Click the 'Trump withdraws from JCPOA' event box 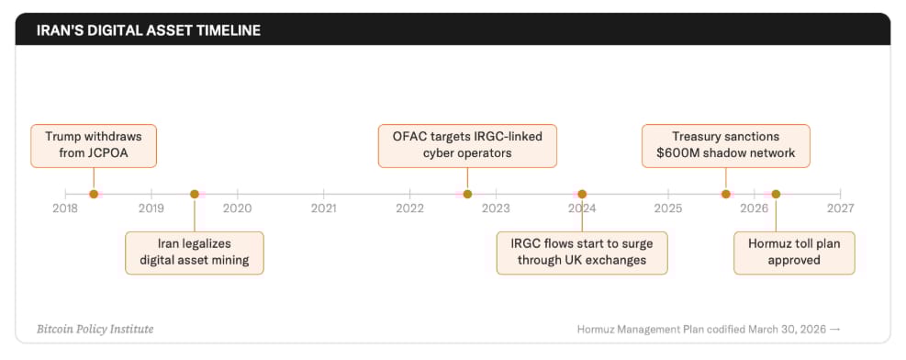pyautogui.click(x=94, y=146)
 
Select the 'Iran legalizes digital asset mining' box pyautogui.click(x=195, y=253)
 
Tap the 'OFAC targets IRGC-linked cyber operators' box pyautogui.click(x=467, y=146)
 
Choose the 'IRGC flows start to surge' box pyautogui.click(x=582, y=253)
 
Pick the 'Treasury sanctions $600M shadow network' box pyautogui.click(x=726, y=146)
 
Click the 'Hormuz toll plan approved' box pyautogui.click(x=794, y=253)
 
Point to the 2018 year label pyautogui.click(x=64, y=208)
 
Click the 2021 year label pyautogui.click(x=323, y=208)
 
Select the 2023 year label pyautogui.click(x=497, y=208)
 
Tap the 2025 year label pyautogui.click(x=668, y=208)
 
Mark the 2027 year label pyautogui.click(x=841, y=208)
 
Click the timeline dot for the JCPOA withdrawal pyautogui.click(x=94, y=194)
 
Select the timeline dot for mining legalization pyautogui.click(x=195, y=194)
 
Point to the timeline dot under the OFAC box pyautogui.click(x=467, y=194)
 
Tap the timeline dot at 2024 pyautogui.click(x=582, y=194)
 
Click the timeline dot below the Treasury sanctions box pyautogui.click(x=726, y=194)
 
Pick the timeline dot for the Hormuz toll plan pyautogui.click(x=776, y=194)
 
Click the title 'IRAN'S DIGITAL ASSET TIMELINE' pyautogui.click(x=149, y=30)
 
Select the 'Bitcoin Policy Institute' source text pyautogui.click(x=95, y=330)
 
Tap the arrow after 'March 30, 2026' pyautogui.click(x=835, y=330)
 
